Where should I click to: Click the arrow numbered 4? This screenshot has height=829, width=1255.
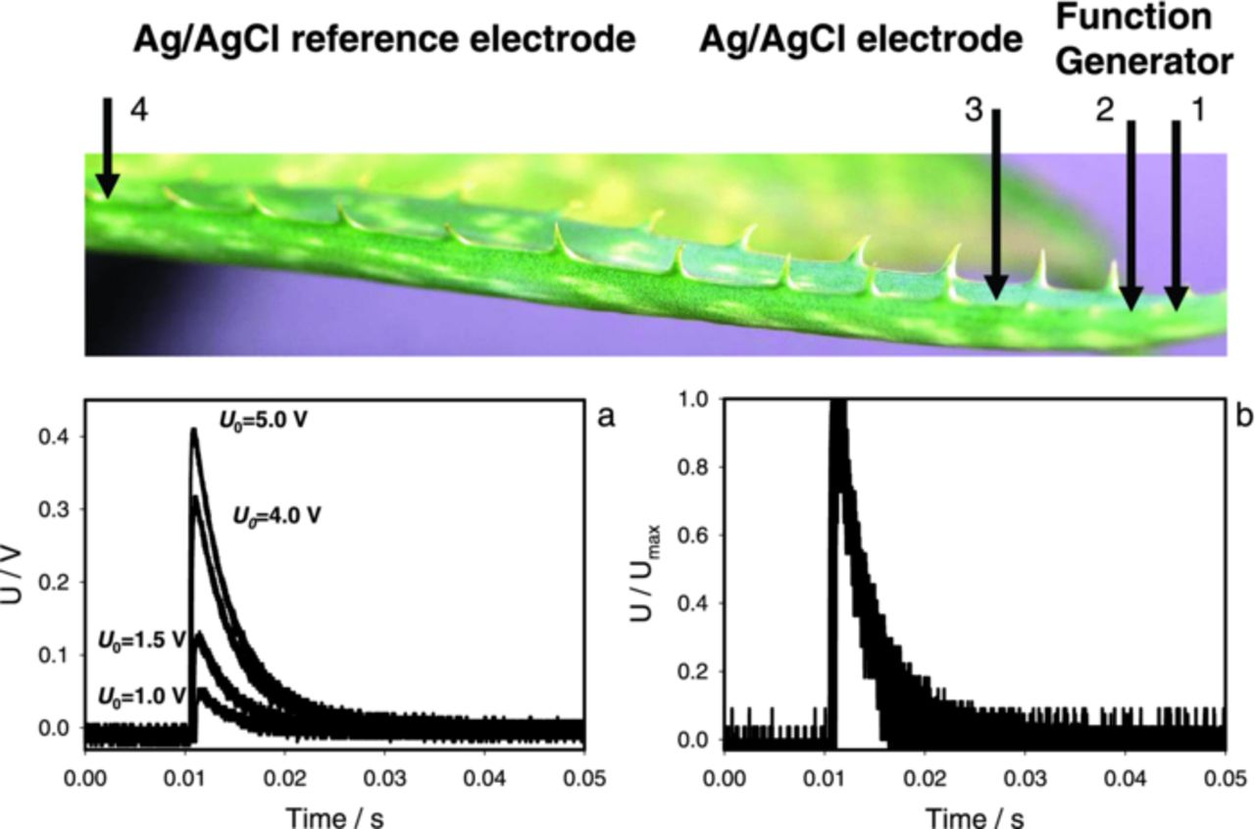107,147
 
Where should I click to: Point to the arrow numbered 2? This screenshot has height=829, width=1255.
1131,216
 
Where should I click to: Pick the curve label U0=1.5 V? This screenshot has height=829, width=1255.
141,639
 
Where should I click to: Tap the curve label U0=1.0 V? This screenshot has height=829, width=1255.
141,696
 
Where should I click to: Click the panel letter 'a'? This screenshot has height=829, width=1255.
606,416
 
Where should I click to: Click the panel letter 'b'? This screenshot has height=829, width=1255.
1244,416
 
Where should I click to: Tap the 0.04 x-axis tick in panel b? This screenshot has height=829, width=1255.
1126,779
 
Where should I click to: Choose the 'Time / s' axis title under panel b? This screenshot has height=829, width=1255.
976,815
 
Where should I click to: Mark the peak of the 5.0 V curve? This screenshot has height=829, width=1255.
194,429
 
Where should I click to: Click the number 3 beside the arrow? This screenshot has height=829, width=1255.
973,111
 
